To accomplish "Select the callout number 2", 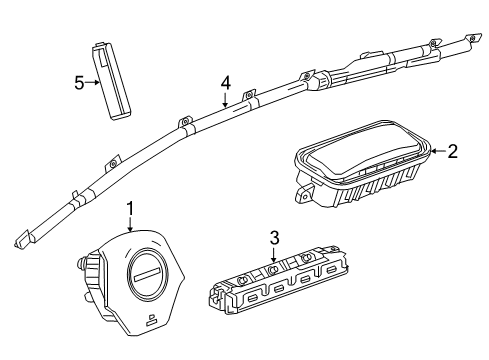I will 452,151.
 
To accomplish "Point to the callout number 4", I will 226,83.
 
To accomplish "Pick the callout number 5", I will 79,83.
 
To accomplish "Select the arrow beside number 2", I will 437,151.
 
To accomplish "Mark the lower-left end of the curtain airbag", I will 20,240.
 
